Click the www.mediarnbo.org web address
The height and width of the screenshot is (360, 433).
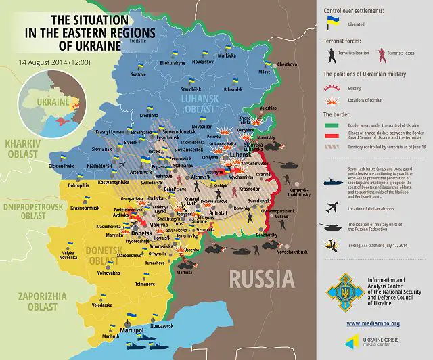click(376, 323)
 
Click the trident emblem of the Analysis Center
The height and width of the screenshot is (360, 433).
click(342, 291)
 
